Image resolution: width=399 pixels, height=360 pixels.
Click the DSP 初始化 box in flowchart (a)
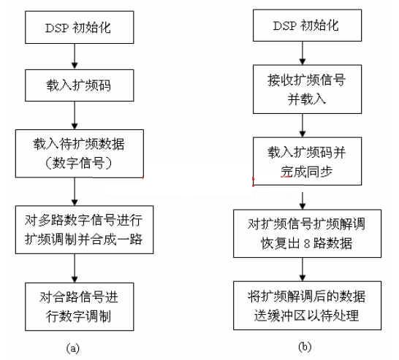pos(80,27)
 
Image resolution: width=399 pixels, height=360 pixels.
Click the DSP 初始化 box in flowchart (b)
pos(307,26)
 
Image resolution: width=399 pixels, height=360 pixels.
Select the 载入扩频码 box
pos(80,85)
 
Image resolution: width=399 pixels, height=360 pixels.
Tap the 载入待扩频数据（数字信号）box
pos(80,153)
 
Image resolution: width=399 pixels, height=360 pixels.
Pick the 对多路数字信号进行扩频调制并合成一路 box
pos(84,229)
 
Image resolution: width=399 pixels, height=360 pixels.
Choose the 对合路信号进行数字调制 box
pos(80,307)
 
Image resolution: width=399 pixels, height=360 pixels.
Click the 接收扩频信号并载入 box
pos(307,89)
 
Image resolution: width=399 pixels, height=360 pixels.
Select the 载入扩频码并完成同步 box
pos(307,161)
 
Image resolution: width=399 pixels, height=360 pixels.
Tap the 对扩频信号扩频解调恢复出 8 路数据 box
pos(307,234)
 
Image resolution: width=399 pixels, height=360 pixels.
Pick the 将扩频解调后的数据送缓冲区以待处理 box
pos(307,305)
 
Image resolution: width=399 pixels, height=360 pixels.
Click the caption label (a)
pos(73,348)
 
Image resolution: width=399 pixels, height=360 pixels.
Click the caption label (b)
pos(305,347)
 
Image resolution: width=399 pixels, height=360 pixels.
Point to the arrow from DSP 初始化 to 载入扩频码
pos(75,56)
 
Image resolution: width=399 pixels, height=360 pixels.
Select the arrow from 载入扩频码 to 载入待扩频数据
pos(75,115)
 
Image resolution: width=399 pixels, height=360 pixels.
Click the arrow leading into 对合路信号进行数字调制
pos(75,268)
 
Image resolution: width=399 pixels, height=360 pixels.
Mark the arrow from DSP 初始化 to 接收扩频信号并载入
pos(303,53)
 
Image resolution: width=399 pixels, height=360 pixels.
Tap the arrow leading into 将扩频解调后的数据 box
pos(303,269)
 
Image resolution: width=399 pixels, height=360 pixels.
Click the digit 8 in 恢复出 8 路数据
pos(307,244)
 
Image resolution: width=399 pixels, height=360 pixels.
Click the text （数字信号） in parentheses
pos(78,163)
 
